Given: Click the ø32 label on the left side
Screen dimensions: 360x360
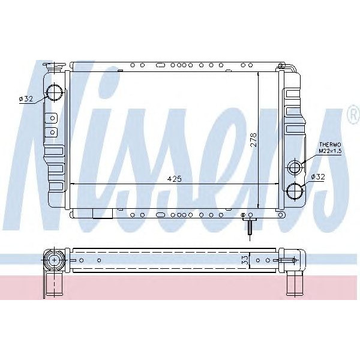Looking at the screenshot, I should pyautogui.click(x=26, y=99).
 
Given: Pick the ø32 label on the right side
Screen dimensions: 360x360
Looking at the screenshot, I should pyautogui.click(x=318, y=178).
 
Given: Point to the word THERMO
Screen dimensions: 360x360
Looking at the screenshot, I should pyautogui.click(x=329, y=145).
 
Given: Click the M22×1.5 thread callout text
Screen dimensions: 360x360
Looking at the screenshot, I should pyautogui.click(x=329, y=151).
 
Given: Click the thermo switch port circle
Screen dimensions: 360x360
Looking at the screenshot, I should pyautogui.click(x=295, y=166).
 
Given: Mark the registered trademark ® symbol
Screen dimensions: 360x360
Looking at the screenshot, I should pyautogui.click(x=353, y=115).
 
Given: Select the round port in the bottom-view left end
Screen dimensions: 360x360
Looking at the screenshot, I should pyautogui.click(x=55, y=260).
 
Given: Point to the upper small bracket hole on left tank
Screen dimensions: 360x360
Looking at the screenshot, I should pyautogui.click(x=53, y=117).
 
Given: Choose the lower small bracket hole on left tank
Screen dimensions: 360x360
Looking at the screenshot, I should pyautogui.click(x=53, y=132).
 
